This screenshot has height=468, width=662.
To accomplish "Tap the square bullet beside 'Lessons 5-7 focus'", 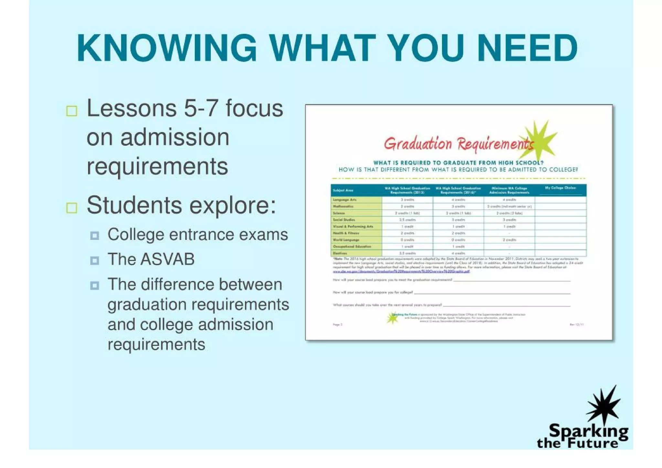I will point(72,111).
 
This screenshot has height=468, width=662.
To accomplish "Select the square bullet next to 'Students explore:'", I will point(72,208).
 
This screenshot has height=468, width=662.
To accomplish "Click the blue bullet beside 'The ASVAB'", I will point(95,260).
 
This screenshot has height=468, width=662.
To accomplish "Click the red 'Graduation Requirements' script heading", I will point(457,144).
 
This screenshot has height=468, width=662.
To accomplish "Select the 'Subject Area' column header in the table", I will point(343,190).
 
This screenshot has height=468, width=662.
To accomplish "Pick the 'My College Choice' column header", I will point(560,188).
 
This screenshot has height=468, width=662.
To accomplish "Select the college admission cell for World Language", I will point(509,240).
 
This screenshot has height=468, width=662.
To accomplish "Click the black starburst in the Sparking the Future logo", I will point(603,406).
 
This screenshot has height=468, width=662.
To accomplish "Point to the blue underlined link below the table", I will point(401,271).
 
